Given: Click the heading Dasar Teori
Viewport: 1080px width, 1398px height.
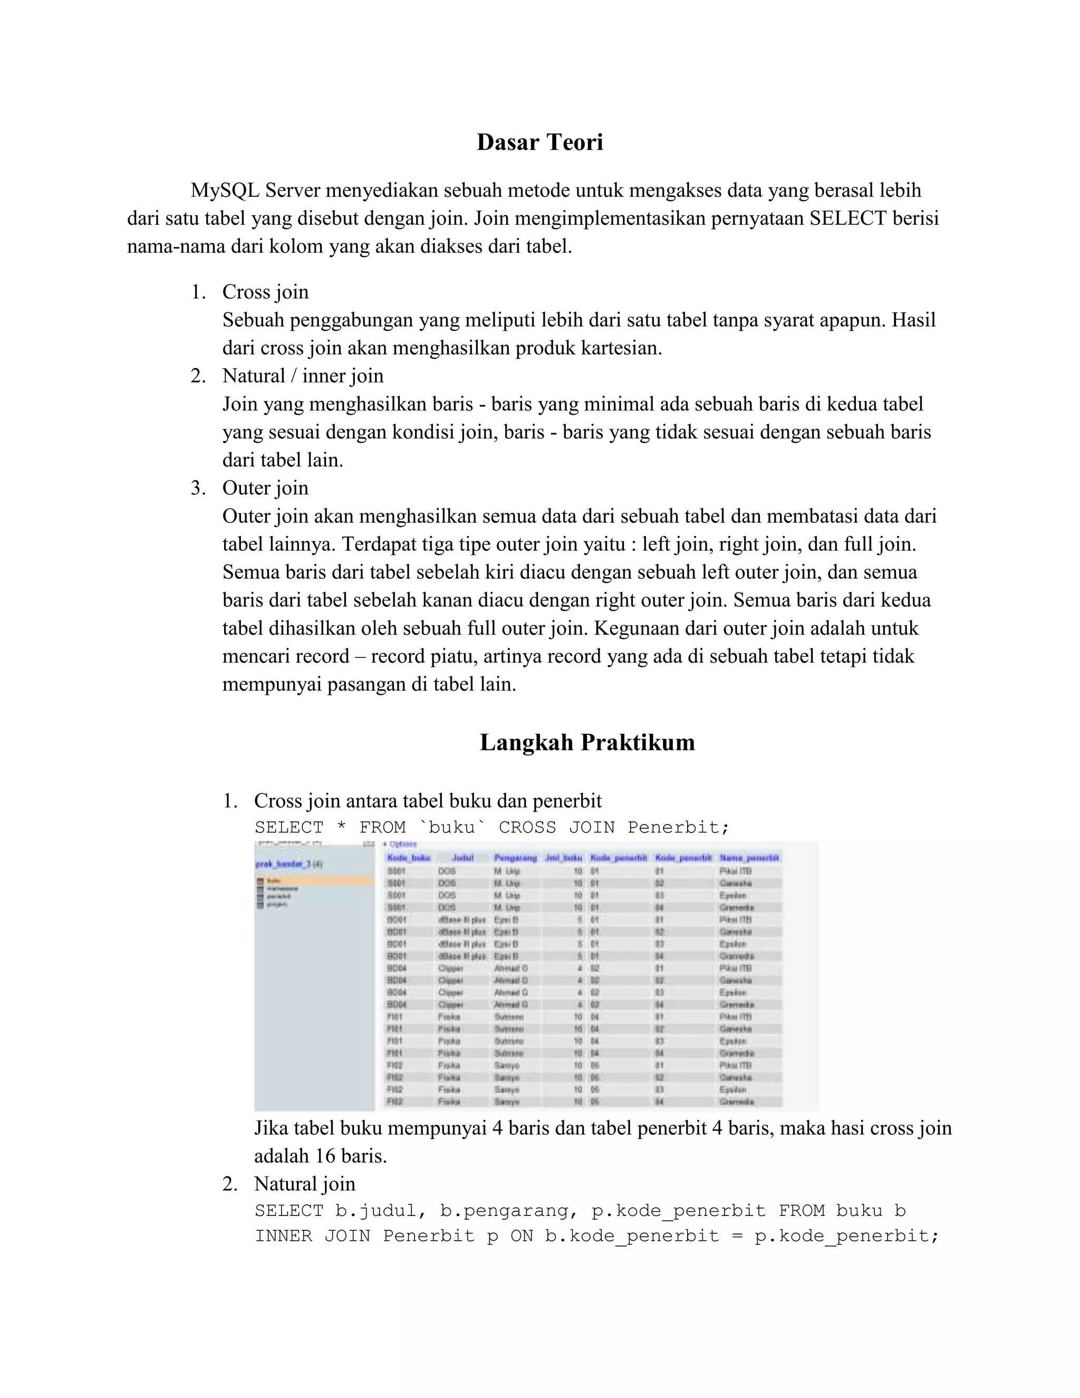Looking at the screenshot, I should point(539,142).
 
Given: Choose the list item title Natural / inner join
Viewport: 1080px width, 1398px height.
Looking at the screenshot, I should point(303,376).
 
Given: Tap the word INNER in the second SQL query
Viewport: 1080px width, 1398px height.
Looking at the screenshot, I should point(283,1236).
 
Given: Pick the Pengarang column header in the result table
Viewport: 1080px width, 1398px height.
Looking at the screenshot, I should point(515,858).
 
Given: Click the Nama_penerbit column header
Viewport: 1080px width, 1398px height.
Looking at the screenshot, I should point(749,858).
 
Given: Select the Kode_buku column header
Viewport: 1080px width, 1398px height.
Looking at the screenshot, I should point(408,858).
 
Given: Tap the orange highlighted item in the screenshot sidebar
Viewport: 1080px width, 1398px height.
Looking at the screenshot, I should point(314,882).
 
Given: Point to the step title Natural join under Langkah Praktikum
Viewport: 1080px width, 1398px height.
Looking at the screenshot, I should point(305,1184).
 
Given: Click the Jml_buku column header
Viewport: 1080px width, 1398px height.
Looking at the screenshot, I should point(563,858).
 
